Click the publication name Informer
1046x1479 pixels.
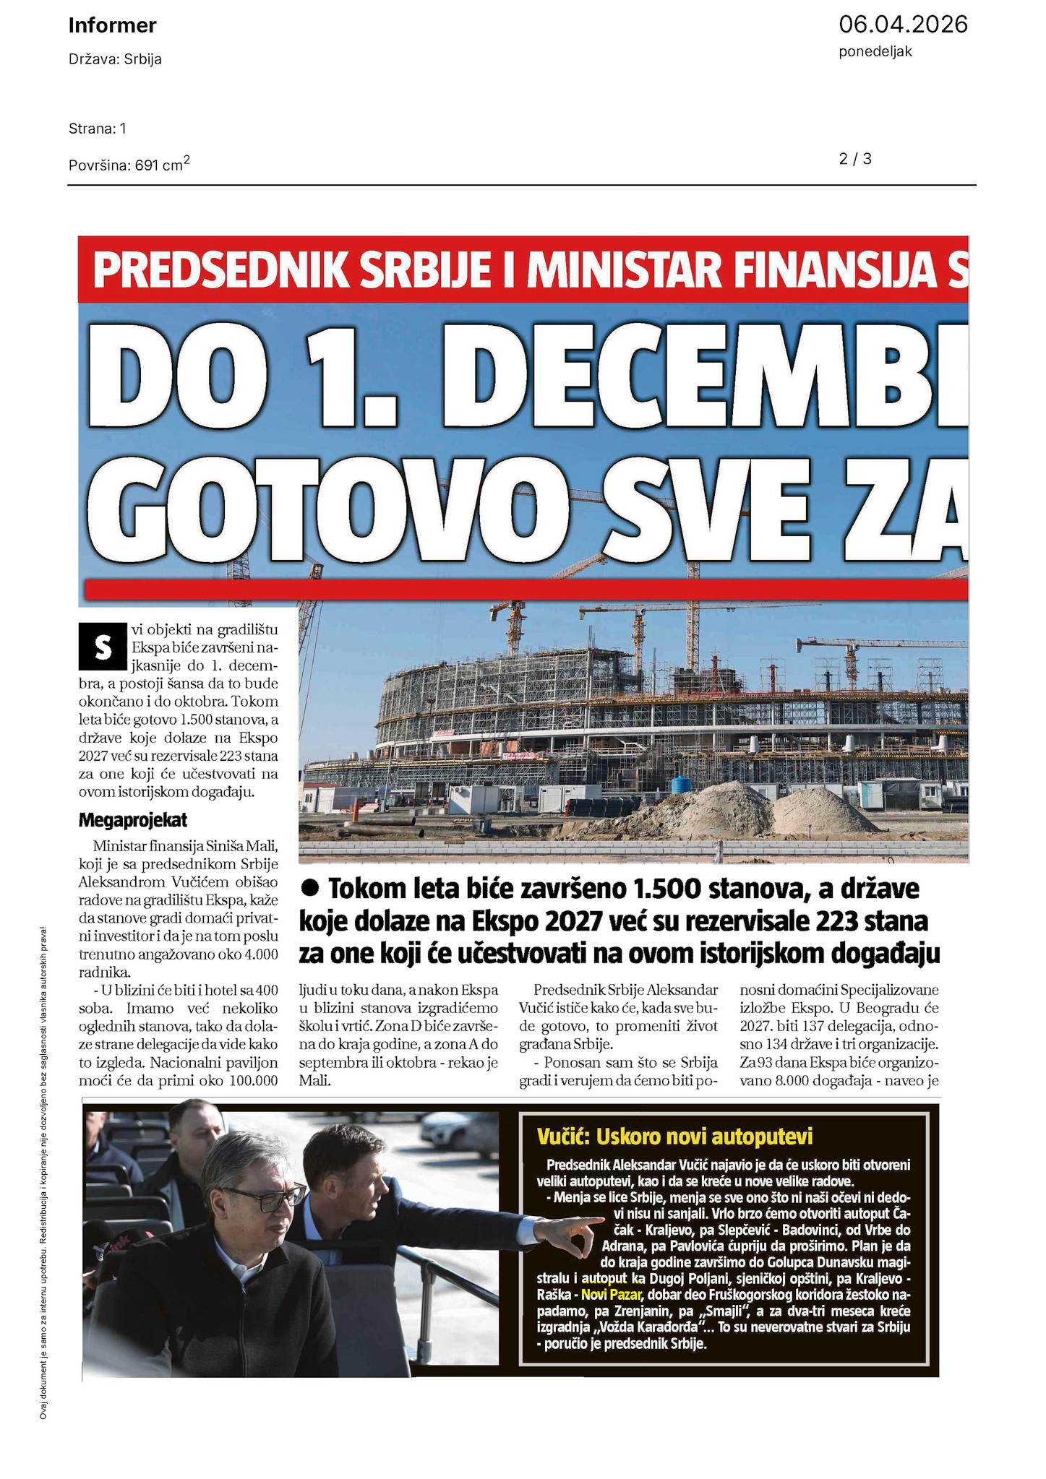112,26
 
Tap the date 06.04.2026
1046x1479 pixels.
902,25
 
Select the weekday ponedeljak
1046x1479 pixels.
875,52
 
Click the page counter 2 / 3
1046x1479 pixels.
855,159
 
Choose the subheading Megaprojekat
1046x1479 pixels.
132,820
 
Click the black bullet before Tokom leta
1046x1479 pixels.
311,887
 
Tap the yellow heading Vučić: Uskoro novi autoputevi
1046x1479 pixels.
674,1137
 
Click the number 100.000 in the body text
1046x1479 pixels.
242,1081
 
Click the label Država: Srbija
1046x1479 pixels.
115,59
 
